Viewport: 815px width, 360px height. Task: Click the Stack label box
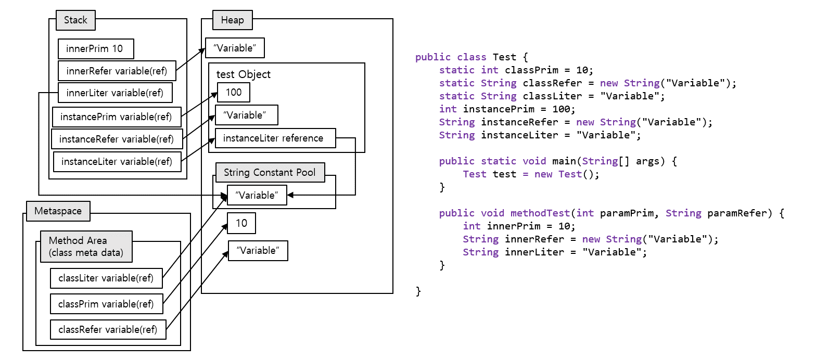click(75, 21)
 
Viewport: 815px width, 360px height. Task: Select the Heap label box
click(232, 20)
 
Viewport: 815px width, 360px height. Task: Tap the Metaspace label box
click(58, 211)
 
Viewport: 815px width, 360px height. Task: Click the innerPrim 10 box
click(96, 49)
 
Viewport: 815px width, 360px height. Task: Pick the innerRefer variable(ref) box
click(117, 71)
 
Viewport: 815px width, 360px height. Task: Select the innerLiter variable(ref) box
click(115, 93)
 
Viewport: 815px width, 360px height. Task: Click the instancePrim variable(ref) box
click(116, 117)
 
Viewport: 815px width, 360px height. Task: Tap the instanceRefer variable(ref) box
click(117, 139)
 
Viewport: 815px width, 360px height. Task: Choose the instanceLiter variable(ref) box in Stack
click(117, 161)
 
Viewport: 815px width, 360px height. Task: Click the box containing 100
click(234, 93)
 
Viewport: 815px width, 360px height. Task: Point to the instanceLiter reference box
click(275, 138)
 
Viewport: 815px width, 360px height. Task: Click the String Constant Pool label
click(270, 173)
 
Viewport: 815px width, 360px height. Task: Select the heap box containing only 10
click(241, 224)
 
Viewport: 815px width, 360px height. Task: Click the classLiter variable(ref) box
click(106, 278)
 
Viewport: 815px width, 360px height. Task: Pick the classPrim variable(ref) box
click(106, 304)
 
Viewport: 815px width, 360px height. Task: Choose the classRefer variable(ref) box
click(108, 329)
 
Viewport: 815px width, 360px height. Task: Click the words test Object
click(244, 74)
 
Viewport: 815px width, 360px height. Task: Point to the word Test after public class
click(504, 57)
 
